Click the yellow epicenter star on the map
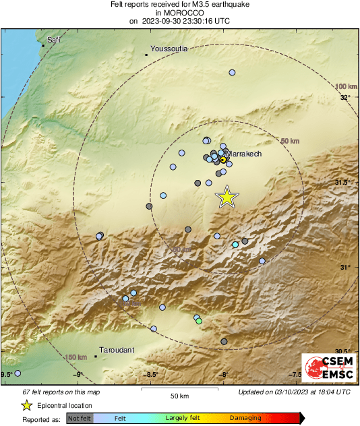[227, 196]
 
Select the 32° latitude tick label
[344, 98]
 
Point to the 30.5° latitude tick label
[344, 351]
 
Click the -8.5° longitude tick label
[152, 375]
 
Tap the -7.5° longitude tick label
[296, 375]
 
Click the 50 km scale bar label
[179, 395]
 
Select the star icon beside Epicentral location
[26, 405]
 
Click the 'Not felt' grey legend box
[80, 419]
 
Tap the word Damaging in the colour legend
[245, 419]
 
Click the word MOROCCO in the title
[179, 13]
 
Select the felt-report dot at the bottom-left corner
[18, 373]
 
